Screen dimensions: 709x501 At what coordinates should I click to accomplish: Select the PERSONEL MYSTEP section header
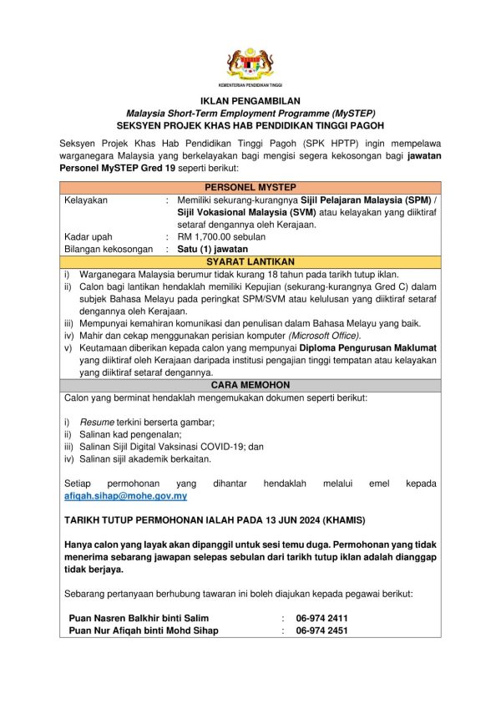click(x=250, y=187)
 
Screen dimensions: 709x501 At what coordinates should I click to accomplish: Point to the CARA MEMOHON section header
click(x=250, y=385)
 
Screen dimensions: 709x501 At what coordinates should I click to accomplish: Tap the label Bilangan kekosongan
click(x=109, y=249)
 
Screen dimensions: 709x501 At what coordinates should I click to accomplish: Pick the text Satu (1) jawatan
click(x=213, y=249)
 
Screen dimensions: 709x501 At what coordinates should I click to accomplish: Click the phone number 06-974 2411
click(x=321, y=618)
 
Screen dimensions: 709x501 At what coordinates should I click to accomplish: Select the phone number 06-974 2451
click(x=321, y=631)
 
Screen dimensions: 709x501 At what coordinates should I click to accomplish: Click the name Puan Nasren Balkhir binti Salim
click(x=139, y=618)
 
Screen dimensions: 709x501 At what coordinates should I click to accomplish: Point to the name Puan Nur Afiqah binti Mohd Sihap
click(x=144, y=631)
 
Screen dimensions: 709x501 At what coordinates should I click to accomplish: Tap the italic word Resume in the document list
click(x=97, y=423)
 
